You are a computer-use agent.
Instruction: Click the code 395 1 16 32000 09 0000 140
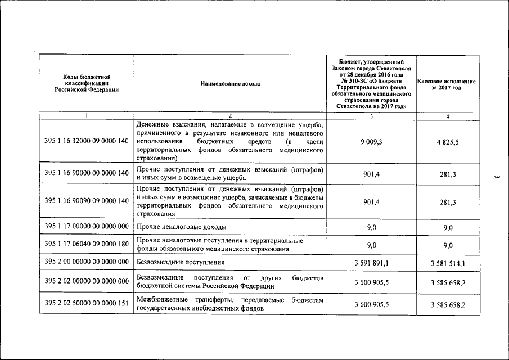pyautogui.click(x=86, y=141)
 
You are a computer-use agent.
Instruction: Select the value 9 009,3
pyautogui.click(x=371, y=142)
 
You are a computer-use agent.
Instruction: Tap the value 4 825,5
pyautogui.click(x=448, y=142)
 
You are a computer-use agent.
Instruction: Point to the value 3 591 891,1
pyautogui.click(x=371, y=263)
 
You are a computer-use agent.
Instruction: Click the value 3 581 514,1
pyautogui.click(x=448, y=263)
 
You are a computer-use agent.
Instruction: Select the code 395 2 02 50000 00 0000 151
pyautogui.click(x=86, y=304)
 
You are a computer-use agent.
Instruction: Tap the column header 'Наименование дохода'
pyautogui.click(x=229, y=84)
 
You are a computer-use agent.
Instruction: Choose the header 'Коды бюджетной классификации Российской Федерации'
pyautogui.click(x=86, y=83)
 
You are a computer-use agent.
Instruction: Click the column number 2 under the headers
pyautogui.click(x=229, y=116)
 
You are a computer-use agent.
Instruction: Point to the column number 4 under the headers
pyautogui.click(x=448, y=116)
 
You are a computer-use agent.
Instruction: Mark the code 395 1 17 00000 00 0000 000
pyautogui.click(x=86, y=227)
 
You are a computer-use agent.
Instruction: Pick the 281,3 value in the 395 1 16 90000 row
pyautogui.click(x=448, y=174)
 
